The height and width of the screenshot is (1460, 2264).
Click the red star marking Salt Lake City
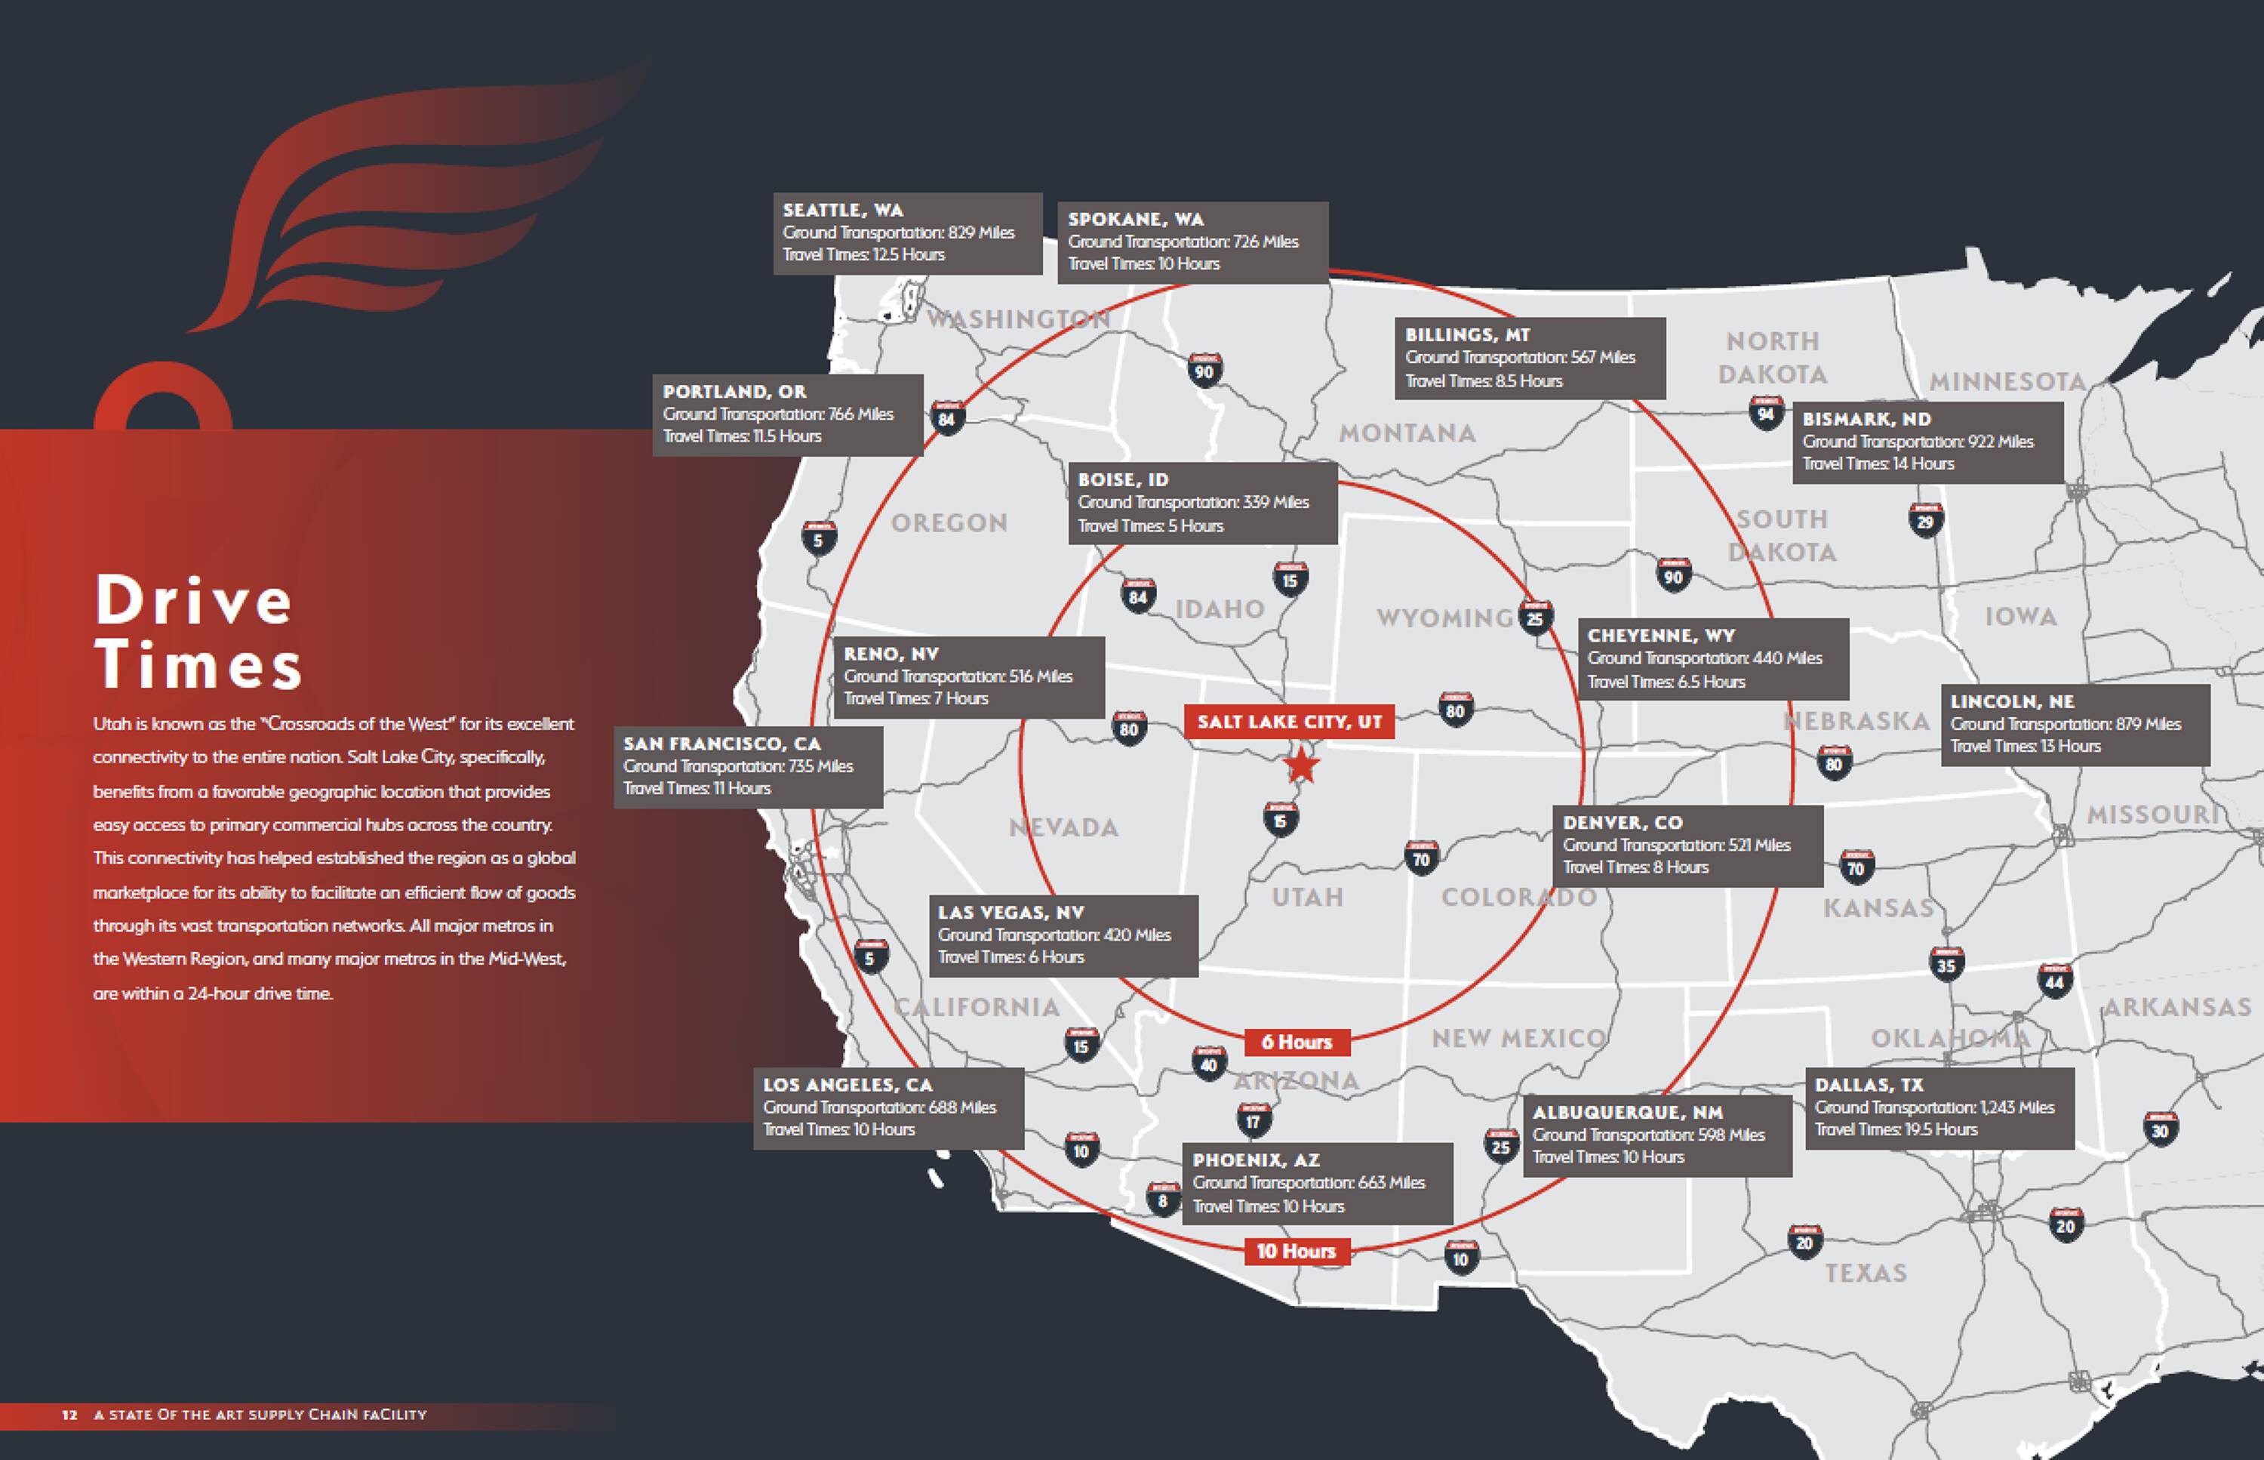point(1301,764)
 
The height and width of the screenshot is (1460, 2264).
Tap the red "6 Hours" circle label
point(1297,1042)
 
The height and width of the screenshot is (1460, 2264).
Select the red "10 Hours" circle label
point(1297,1252)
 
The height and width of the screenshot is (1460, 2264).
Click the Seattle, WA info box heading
point(842,211)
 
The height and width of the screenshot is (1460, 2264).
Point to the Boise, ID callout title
point(1123,479)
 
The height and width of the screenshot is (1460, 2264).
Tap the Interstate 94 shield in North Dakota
point(1764,414)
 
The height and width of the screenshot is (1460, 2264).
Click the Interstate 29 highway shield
point(1924,520)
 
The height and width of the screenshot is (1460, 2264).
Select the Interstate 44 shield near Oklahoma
point(2053,981)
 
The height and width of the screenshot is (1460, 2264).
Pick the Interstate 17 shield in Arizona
point(1253,1120)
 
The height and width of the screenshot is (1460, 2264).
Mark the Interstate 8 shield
point(1163,1200)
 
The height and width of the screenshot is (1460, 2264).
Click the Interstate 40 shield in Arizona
point(1207,1063)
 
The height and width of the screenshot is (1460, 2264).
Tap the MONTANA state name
point(1407,433)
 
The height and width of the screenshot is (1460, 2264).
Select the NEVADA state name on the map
point(1063,827)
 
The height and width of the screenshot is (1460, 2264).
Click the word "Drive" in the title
point(194,600)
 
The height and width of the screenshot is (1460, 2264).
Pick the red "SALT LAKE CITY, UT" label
point(1289,722)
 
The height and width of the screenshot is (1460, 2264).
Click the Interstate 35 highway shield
point(1946,964)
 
